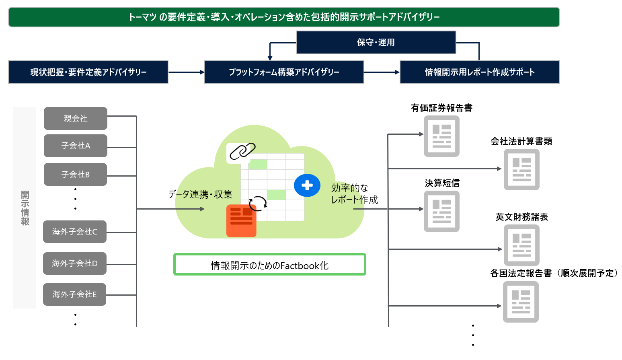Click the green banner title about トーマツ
pyautogui.click(x=284, y=17)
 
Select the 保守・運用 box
pyautogui.click(x=376, y=42)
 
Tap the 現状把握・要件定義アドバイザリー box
pyautogui.click(x=88, y=72)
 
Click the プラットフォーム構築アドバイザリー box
pyautogui.click(x=284, y=72)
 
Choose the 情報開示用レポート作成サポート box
pyautogui.click(x=480, y=72)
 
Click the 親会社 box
pyautogui.click(x=76, y=118)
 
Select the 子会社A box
pyautogui.click(x=76, y=146)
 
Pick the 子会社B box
pyautogui.click(x=76, y=174)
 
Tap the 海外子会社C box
pyautogui.click(x=75, y=232)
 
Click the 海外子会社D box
pyautogui.click(x=75, y=263)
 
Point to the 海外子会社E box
pyautogui.click(x=75, y=294)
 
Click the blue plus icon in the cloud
pyautogui.click(x=307, y=185)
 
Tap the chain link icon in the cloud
pyautogui.click(x=242, y=152)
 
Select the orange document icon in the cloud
pyautogui.click(x=241, y=220)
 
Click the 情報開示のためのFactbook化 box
pyautogui.click(x=270, y=265)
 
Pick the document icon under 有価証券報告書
pyautogui.click(x=441, y=136)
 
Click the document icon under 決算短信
pyautogui.click(x=441, y=211)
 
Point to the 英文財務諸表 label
pyautogui.click(x=521, y=217)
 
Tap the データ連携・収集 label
pyautogui.click(x=200, y=195)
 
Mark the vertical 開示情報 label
pyautogui.click(x=25, y=208)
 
